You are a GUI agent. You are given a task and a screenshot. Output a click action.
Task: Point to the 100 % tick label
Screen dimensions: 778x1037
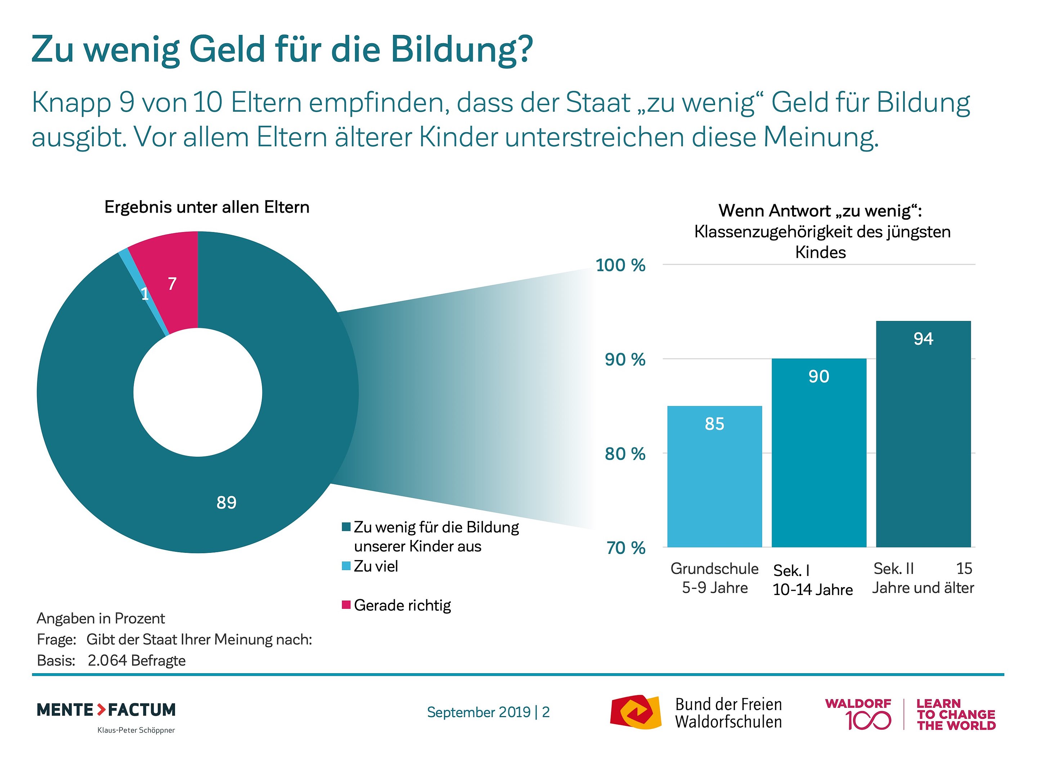click(x=620, y=265)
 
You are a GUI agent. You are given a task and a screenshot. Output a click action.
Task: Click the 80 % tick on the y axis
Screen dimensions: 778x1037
click(x=625, y=454)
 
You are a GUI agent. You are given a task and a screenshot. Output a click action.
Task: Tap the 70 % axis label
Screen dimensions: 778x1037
click(x=625, y=548)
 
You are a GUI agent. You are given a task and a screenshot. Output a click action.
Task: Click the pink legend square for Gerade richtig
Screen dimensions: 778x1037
click(x=346, y=604)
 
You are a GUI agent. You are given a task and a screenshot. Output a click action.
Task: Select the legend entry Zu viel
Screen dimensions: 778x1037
click(x=376, y=567)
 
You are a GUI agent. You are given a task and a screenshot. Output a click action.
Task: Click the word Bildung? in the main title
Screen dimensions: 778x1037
click(x=462, y=49)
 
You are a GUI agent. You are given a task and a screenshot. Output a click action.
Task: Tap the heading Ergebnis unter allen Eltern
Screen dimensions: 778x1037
click(x=207, y=207)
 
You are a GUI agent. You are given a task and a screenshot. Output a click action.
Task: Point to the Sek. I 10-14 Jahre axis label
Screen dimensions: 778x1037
click(x=812, y=580)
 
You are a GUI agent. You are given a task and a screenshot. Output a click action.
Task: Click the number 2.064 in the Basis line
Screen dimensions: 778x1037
click(x=107, y=660)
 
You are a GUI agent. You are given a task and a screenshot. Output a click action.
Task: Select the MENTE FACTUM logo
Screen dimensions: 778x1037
click(x=107, y=710)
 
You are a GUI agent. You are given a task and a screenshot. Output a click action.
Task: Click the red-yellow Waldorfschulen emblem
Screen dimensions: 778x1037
click(x=635, y=712)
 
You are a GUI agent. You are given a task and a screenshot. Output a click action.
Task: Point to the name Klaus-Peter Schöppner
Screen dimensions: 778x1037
click(x=136, y=730)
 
